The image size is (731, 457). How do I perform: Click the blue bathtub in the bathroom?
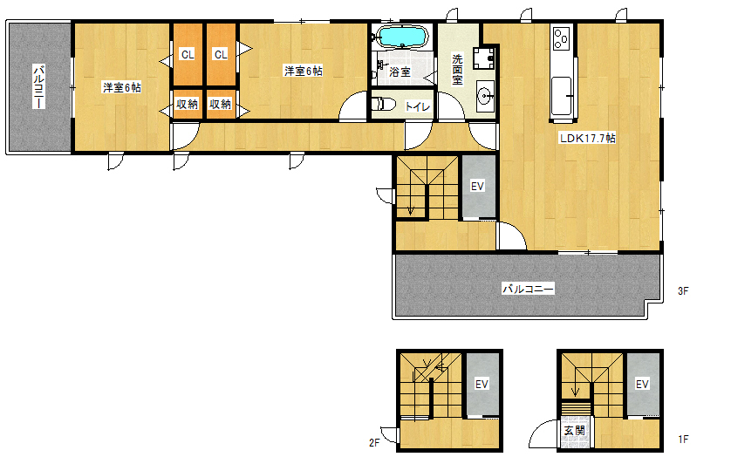coord(401,37)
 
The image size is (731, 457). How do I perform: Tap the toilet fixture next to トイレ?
coord(383,104)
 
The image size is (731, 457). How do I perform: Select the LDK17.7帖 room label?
coord(587,138)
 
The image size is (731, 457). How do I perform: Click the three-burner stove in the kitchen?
coord(560,38)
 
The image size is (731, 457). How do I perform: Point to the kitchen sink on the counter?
coord(561,97)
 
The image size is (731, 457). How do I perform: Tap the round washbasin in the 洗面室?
coord(485,97)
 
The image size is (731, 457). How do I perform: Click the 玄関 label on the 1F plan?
coord(574,431)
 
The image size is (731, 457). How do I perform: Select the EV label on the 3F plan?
coord(477,187)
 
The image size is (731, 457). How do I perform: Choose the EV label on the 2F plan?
coord(482,385)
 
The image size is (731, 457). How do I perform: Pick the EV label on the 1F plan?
coord(642,385)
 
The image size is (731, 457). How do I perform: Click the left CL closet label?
coord(188,55)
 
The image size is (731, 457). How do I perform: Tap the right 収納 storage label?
coord(220,104)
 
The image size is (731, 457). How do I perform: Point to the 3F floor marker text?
coord(683,291)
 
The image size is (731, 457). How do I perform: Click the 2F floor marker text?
coord(374,442)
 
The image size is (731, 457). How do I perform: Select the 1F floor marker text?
coord(683,439)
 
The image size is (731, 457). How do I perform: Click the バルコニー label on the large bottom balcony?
coord(529,290)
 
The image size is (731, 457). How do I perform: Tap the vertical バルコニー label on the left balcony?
coord(38,86)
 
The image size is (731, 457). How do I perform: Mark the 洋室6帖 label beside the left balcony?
coord(121,87)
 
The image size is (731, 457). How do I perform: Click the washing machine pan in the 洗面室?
coord(484,58)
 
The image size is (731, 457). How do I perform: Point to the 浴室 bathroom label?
coord(400,72)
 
